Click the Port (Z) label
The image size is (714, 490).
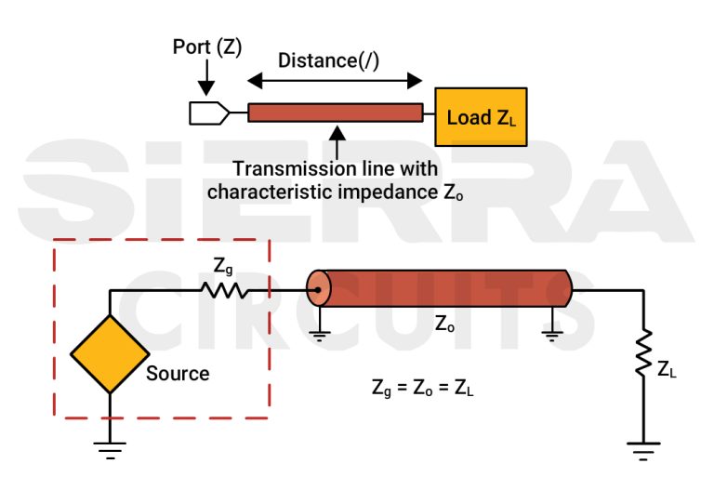[208, 46]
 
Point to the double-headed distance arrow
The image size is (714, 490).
[336, 81]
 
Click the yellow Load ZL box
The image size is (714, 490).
[481, 117]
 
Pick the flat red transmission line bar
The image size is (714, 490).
[336, 113]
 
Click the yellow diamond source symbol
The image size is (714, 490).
[110, 353]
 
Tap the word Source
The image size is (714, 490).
[178, 374]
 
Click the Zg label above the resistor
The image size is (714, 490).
[223, 267]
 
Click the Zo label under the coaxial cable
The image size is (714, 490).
[445, 325]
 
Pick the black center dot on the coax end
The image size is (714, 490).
[318, 290]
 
